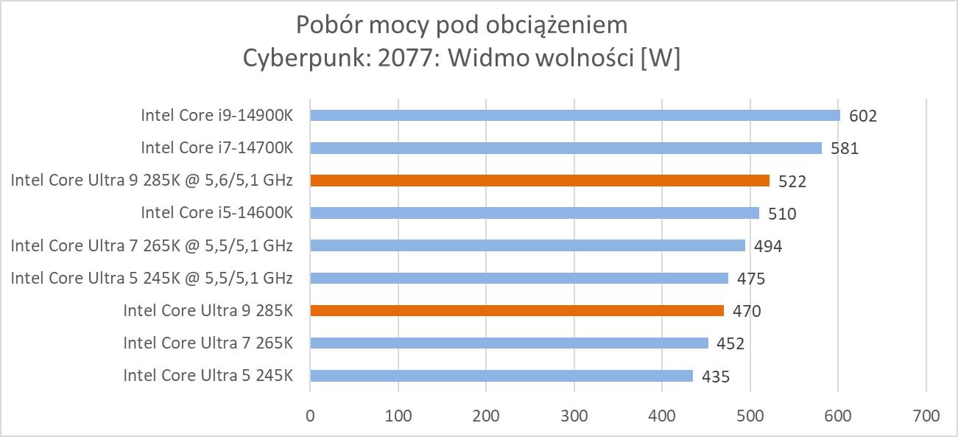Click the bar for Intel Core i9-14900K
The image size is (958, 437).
pos(574,115)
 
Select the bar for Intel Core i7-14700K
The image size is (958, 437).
pos(566,148)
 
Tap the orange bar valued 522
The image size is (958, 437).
pos(540,181)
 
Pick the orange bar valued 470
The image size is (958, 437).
pos(517,310)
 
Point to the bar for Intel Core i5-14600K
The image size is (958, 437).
pos(535,213)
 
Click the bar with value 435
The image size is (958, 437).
pos(501,376)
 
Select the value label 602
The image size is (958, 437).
pos(863,116)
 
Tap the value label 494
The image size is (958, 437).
pos(768,246)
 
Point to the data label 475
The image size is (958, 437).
pos(751,279)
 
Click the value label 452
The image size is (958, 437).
pos(730,343)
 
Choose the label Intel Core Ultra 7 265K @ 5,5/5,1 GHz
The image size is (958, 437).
pos(152,245)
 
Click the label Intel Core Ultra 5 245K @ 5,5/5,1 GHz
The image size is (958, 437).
pos(152,278)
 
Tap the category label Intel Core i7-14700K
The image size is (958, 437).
pos(217,148)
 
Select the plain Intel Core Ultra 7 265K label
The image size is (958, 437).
pos(208,343)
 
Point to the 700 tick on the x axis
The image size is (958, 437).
pos(926,416)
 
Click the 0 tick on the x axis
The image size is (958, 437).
pos(310,416)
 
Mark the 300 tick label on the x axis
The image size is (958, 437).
pos(574,416)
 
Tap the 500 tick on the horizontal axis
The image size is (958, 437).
pos(750,416)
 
